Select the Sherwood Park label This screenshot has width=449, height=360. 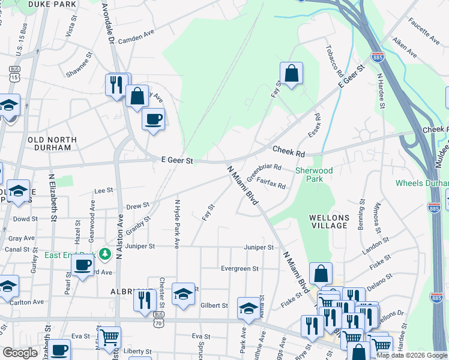(x=313, y=175)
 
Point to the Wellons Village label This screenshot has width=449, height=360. (x=328, y=221)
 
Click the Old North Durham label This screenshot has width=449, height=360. (x=52, y=143)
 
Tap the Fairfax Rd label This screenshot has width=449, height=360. (x=271, y=182)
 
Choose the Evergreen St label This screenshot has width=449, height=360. (x=239, y=269)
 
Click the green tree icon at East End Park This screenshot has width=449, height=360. (x=106, y=254)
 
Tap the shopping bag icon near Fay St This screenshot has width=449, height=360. (x=291, y=74)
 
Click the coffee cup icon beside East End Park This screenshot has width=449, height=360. (x=83, y=263)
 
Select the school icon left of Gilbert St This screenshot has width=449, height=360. (x=183, y=294)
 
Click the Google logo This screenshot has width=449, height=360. (x=19, y=353)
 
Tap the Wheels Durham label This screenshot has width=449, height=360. (x=422, y=183)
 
